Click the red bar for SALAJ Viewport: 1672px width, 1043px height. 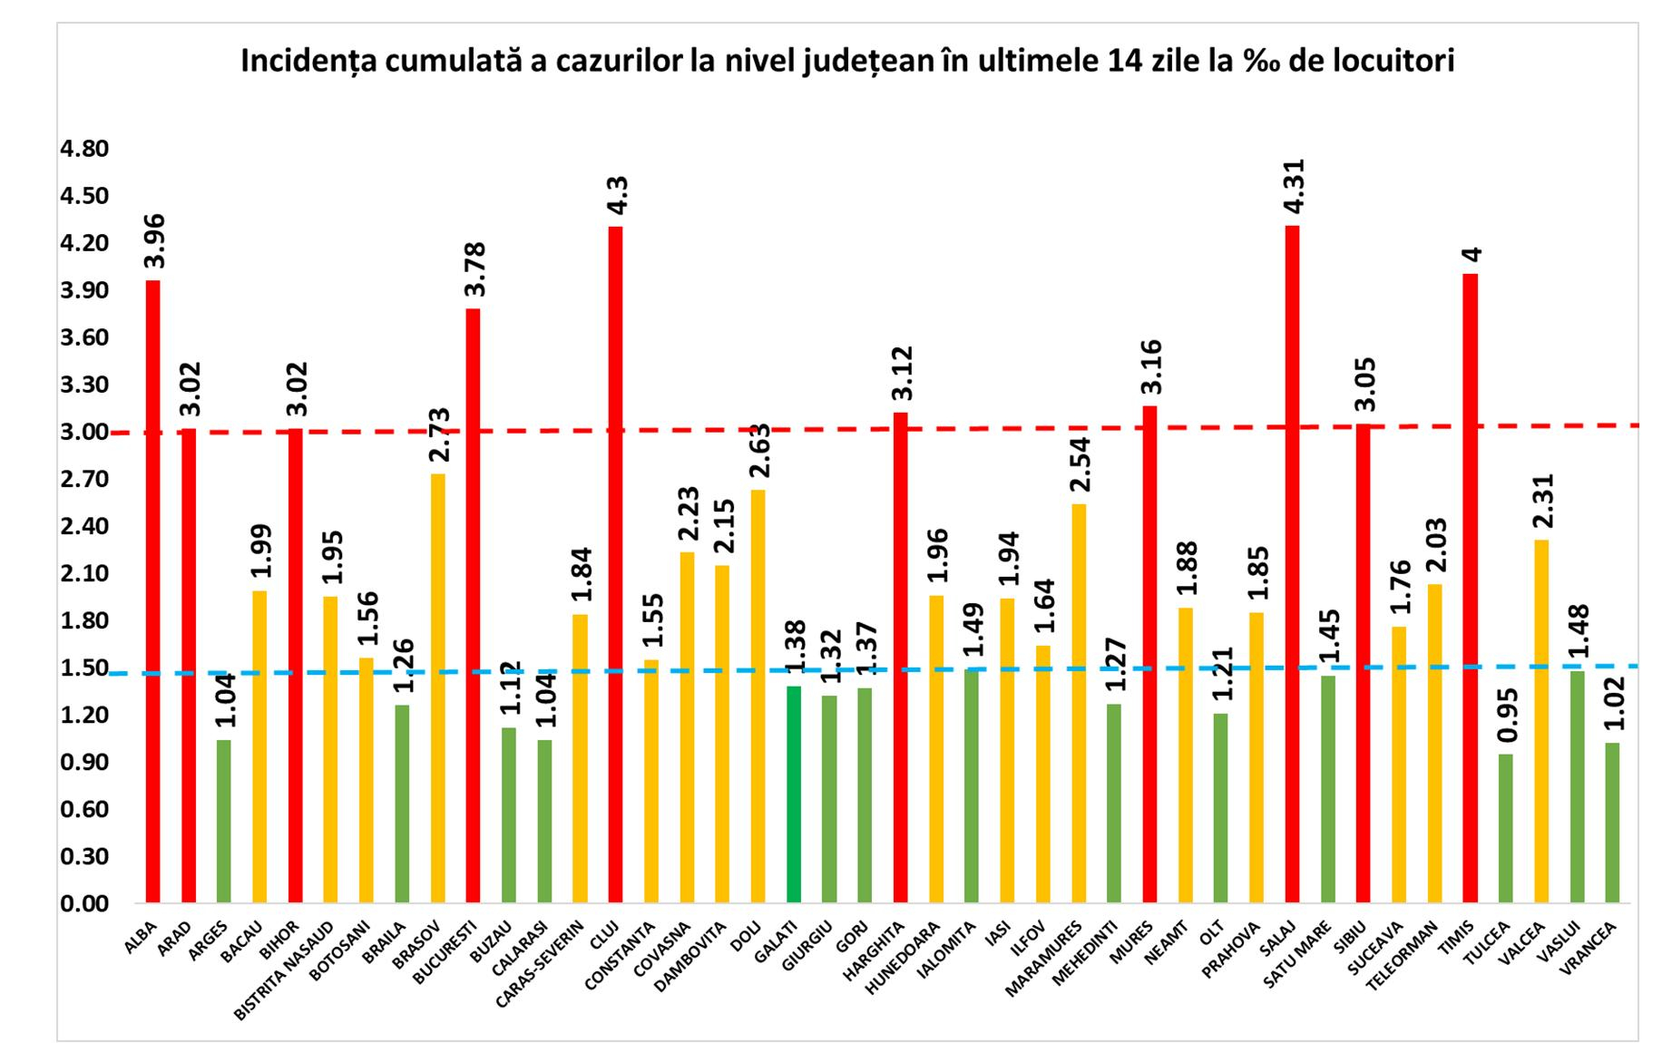(1292, 562)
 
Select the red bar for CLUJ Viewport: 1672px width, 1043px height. (615, 562)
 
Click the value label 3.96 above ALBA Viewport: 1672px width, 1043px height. (154, 240)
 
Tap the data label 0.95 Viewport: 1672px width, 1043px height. (1505, 720)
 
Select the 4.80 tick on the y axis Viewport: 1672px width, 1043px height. (83, 149)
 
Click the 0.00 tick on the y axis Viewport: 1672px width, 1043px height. (83, 903)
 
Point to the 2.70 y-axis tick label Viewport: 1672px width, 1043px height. (83, 479)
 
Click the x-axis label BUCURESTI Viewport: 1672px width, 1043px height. (445, 951)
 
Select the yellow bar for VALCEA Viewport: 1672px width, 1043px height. (1540, 721)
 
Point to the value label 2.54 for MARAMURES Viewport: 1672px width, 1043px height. (1080, 463)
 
